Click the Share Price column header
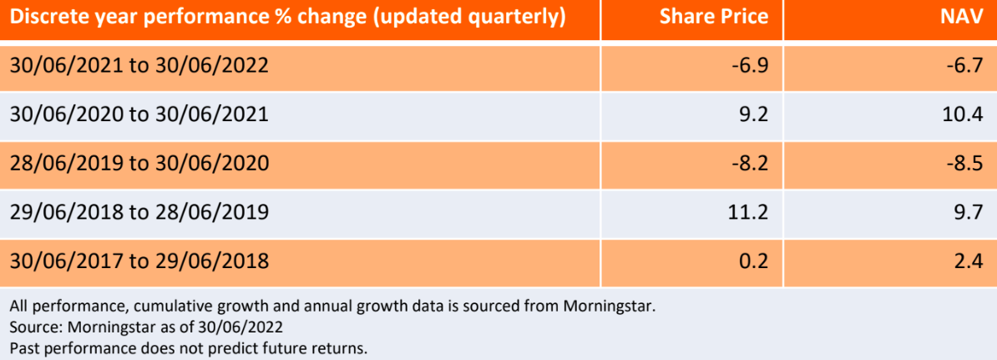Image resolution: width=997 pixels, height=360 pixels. tap(714, 18)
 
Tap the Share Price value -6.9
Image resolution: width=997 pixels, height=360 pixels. tap(750, 66)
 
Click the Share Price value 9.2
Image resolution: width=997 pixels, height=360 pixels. tap(753, 115)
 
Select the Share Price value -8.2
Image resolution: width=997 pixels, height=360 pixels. tap(750, 164)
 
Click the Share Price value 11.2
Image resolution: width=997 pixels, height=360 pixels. tap(749, 213)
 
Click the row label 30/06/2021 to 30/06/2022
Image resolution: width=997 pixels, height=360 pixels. tap(139, 66)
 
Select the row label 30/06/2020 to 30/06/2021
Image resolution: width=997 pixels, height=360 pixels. tap(139, 115)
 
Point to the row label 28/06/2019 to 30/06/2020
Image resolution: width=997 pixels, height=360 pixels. tap(139, 164)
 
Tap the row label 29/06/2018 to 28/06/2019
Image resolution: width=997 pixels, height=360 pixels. tap(139, 213)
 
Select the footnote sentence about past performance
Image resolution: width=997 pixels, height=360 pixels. tap(189, 348)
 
